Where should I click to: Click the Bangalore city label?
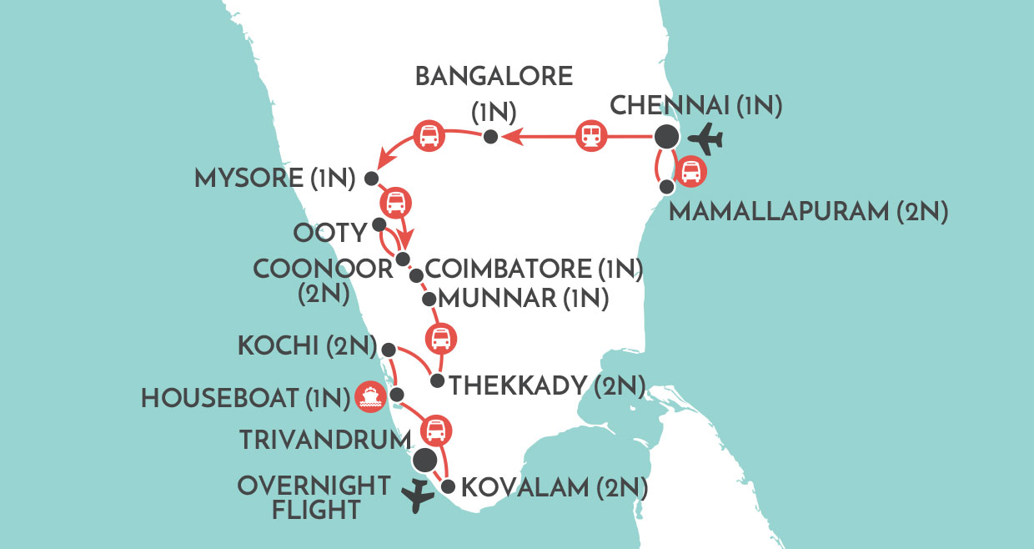pos(494,77)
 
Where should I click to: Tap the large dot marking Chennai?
pos(665,135)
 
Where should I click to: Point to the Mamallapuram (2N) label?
pos(809,212)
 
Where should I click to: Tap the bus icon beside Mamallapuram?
pos(691,173)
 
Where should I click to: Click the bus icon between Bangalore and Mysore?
pos(429,135)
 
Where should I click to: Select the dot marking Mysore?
pos(372,179)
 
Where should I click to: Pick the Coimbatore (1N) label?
pos(535,269)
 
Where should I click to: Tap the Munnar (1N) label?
pos(523,298)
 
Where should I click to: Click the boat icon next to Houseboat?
pos(369,397)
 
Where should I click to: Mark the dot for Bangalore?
pos(491,137)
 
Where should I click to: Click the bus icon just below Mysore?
pos(395,202)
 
